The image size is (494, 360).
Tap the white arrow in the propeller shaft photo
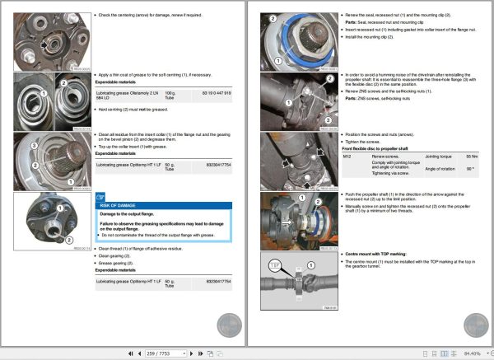pos(285,222)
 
